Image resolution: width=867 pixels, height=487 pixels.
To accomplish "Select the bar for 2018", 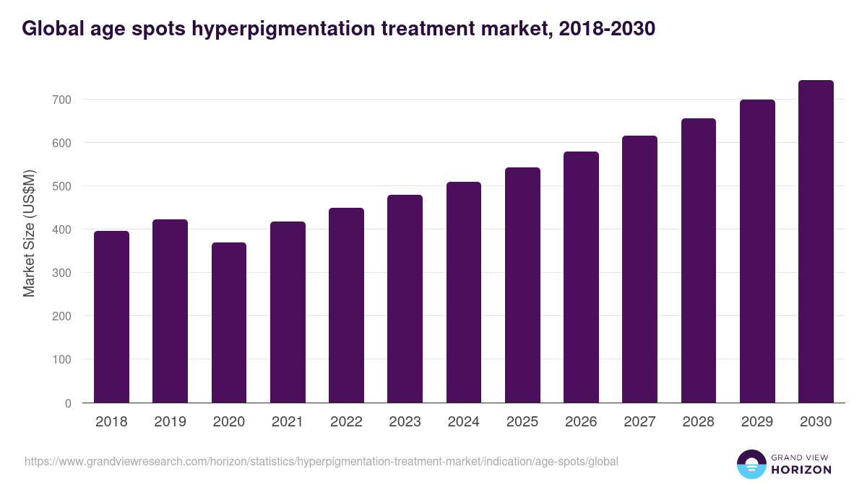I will [x=111, y=317].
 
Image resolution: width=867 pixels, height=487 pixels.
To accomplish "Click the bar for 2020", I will [x=229, y=323].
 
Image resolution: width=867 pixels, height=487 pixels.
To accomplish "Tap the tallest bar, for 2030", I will [x=816, y=242].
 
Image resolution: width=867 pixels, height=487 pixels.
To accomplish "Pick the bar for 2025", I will [x=522, y=285].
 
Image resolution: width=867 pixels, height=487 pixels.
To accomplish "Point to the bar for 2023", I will [x=405, y=299].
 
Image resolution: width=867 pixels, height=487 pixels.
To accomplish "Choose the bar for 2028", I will [x=698, y=260].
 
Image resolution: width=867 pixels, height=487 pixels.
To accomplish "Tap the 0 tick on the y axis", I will [x=68, y=403].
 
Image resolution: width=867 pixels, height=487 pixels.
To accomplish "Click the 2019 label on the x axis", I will [x=170, y=422].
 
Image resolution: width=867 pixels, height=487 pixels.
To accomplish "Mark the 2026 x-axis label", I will [x=581, y=422].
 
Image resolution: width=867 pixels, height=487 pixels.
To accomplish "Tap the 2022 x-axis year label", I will [x=346, y=422].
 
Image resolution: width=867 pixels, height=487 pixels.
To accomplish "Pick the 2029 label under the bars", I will [x=757, y=422].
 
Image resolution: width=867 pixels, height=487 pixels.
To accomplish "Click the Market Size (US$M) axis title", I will [x=29, y=233].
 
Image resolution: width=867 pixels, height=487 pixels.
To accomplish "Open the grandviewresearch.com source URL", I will [x=322, y=461].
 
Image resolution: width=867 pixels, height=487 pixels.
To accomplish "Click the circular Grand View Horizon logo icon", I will [x=751, y=464].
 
